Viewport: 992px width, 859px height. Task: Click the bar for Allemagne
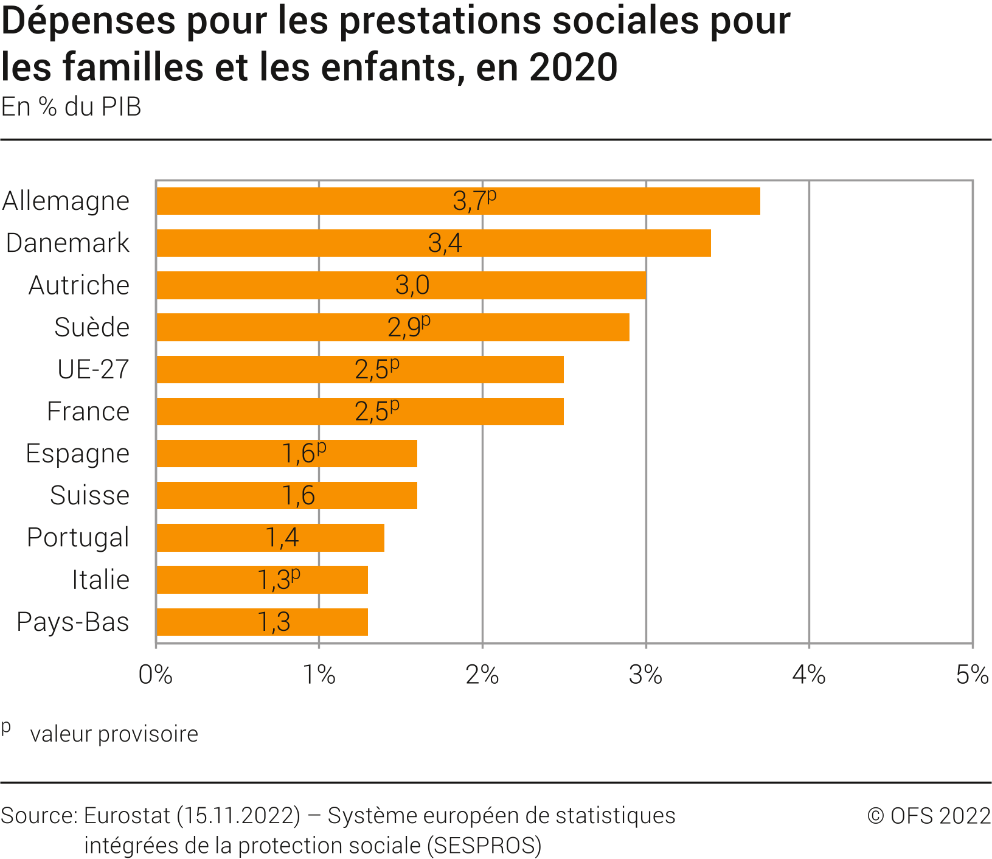click(458, 201)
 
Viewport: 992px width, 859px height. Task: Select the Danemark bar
click(433, 243)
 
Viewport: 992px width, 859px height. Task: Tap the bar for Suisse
click(286, 495)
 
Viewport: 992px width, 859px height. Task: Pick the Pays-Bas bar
click(262, 622)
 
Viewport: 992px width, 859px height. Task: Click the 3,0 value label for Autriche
click(412, 285)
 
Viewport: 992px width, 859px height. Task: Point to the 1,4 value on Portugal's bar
click(282, 537)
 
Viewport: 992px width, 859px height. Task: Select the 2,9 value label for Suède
click(405, 327)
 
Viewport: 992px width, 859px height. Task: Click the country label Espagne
click(78, 454)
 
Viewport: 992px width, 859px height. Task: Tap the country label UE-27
click(93, 369)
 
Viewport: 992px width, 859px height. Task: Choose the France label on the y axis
click(88, 412)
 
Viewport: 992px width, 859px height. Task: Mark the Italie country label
click(100, 580)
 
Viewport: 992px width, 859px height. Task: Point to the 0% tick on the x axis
click(156, 675)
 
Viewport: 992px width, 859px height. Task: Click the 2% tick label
click(482, 675)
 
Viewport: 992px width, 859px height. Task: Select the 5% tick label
click(972, 675)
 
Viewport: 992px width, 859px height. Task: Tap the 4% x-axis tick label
click(809, 675)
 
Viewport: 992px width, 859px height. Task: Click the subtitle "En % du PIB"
click(71, 107)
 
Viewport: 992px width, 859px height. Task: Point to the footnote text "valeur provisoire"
click(114, 734)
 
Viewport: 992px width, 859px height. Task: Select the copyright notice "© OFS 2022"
click(929, 816)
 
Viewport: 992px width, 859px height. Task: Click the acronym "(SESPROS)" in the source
click(484, 846)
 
